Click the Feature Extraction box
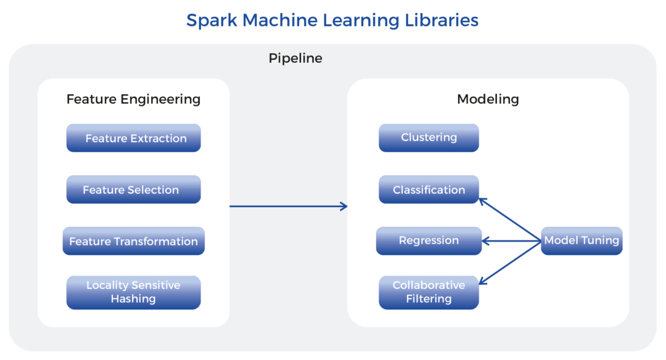pos(133,138)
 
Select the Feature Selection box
pos(133,189)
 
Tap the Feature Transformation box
pos(133,241)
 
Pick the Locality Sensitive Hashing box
pos(133,292)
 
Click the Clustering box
pos(429,138)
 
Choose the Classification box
pos(429,189)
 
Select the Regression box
pos(429,241)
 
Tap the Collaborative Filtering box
pos(429,292)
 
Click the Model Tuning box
pos(582,241)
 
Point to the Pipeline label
pos(295,58)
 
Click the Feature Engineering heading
pos(133,99)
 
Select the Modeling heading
pos(488,99)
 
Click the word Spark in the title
pos(212,20)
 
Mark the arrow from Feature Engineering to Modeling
pos(289,207)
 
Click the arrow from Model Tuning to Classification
pos(510,219)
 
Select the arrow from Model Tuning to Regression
pos(511,241)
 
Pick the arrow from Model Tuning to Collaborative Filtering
pos(510,263)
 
